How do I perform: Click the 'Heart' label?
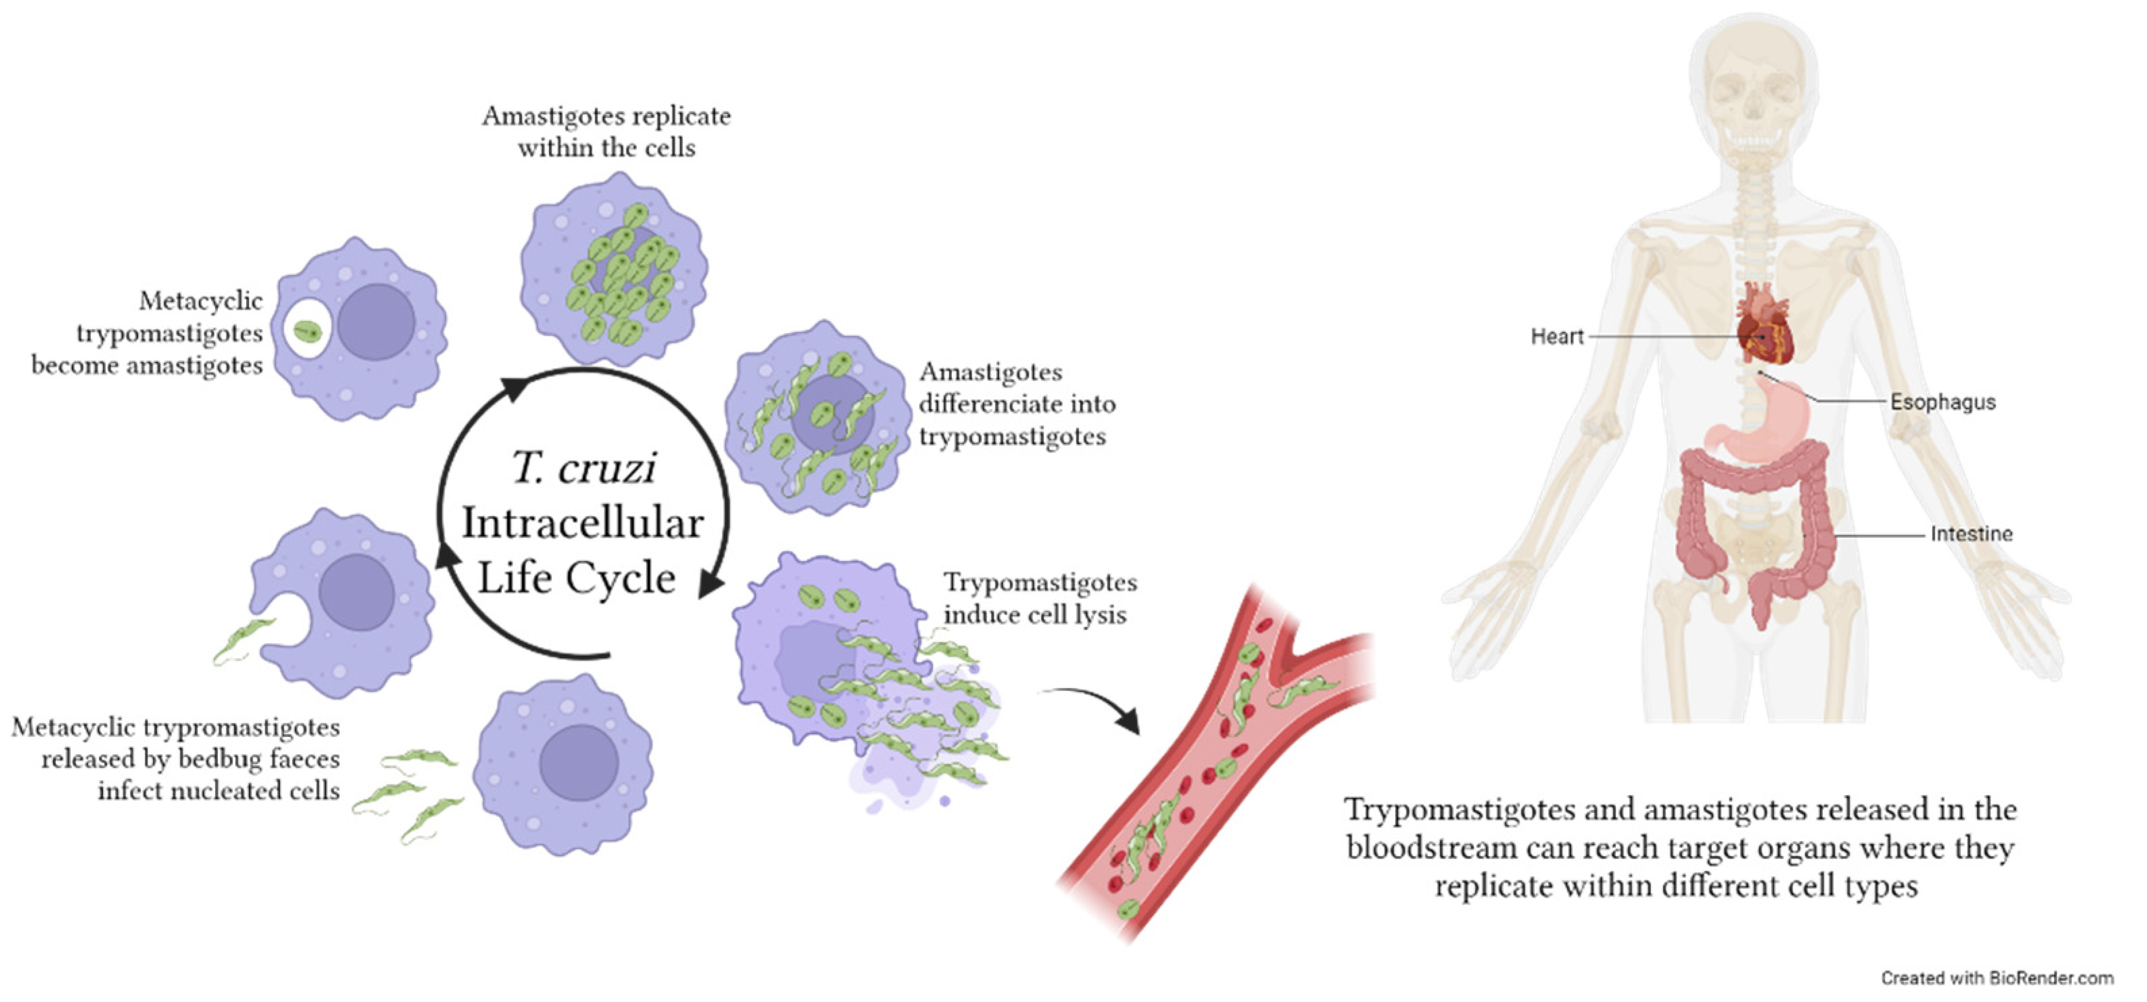click(x=1556, y=337)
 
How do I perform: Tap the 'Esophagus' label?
click(x=1942, y=403)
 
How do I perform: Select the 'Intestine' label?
click(x=1971, y=534)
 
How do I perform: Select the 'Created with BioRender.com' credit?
click(x=1996, y=978)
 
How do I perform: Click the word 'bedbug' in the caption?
click(x=223, y=760)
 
